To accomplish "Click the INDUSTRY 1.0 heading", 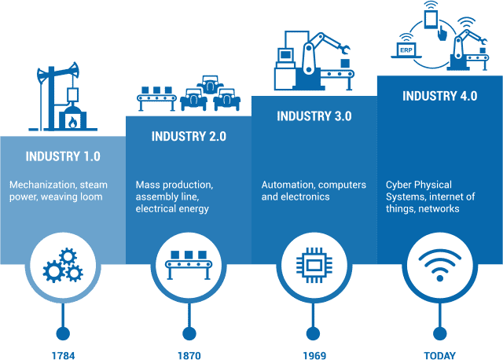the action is click(x=63, y=156).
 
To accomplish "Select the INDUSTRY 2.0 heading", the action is click(x=189, y=136).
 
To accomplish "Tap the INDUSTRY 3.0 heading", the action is click(x=314, y=116).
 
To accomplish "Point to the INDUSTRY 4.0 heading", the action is click(x=440, y=96).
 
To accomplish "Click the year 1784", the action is click(x=63, y=355).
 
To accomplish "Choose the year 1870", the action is click(x=189, y=355).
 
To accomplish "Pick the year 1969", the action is click(x=314, y=355).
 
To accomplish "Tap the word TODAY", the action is click(x=440, y=355).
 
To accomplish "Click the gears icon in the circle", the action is click(x=63, y=265).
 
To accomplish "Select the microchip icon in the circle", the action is click(x=314, y=265).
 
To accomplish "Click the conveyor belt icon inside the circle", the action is click(x=189, y=265).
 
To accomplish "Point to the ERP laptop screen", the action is click(x=406, y=50).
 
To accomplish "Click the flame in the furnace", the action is click(x=73, y=122).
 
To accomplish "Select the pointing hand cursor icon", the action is click(x=442, y=33).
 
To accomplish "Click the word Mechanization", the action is click(x=42, y=185).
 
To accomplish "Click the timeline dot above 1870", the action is click(x=189, y=334).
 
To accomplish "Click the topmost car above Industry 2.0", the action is click(x=210, y=85).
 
